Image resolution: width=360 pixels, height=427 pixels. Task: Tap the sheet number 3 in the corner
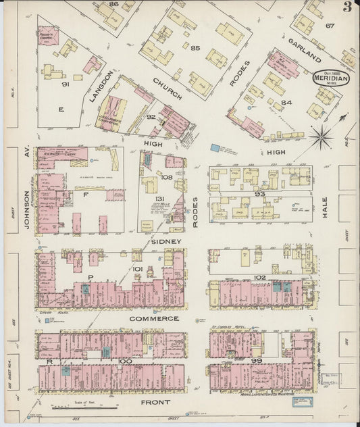[346, 7]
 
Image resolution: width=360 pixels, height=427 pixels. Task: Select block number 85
[196, 48]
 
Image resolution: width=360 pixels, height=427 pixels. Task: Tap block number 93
[260, 194]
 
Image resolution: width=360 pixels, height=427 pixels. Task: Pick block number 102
[260, 277]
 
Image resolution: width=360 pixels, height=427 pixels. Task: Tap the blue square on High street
[215, 147]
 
